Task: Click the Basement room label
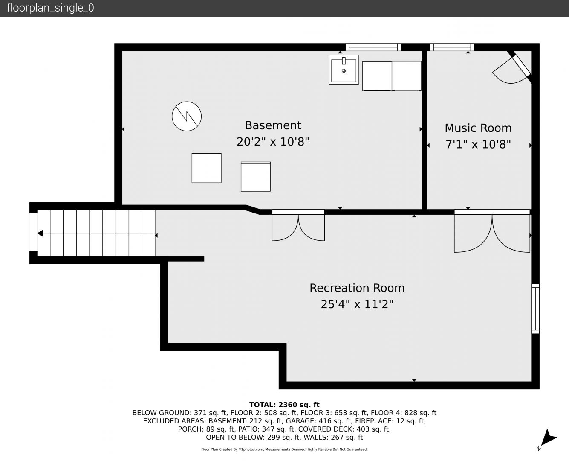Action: [x=273, y=125]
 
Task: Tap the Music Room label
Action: [x=478, y=128]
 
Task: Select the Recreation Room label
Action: [x=357, y=288]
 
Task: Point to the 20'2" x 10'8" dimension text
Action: [x=273, y=142]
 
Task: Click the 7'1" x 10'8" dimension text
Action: [x=478, y=144]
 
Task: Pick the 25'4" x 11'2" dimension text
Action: [x=357, y=304]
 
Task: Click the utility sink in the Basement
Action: [x=344, y=70]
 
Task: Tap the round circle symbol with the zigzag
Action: [x=187, y=116]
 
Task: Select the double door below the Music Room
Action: [x=492, y=231]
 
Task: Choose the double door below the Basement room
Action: [x=298, y=225]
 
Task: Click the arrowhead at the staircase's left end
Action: [x=40, y=233]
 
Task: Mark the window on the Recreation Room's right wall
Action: [x=535, y=309]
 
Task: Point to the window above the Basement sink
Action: [x=373, y=47]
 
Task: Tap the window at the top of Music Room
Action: [x=452, y=47]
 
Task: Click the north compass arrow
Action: [x=548, y=438]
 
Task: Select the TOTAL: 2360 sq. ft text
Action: [x=284, y=405]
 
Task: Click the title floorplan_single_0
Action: [x=50, y=8]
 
